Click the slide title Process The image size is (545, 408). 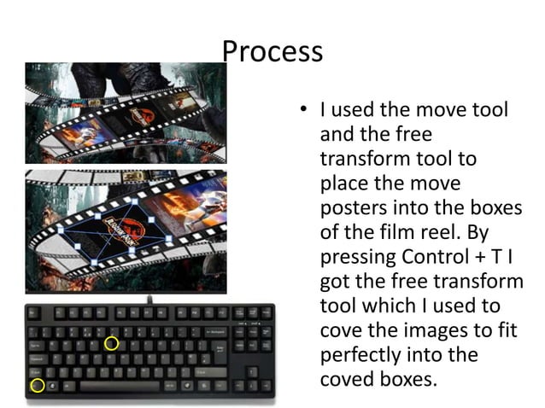click(x=272, y=51)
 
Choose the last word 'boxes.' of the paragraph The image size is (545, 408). click(x=407, y=378)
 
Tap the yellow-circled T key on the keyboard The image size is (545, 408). click(x=111, y=343)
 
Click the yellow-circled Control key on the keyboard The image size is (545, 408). click(x=37, y=386)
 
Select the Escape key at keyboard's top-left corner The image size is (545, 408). click(x=34, y=314)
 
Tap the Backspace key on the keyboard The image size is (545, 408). click(x=217, y=330)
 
